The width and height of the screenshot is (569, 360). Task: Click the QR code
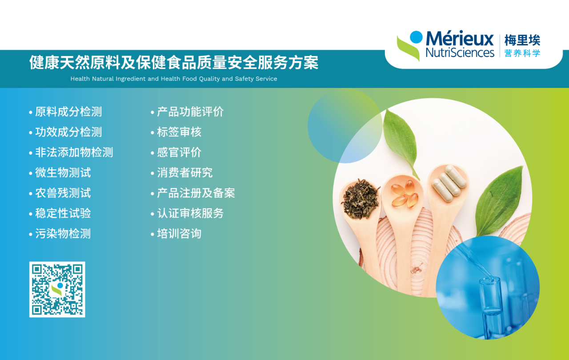(57, 289)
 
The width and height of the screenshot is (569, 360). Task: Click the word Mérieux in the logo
(460, 38)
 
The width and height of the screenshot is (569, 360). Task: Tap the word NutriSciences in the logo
(460, 52)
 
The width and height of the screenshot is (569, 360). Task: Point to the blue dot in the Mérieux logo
(416, 37)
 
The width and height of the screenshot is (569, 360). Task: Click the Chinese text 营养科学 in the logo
(522, 53)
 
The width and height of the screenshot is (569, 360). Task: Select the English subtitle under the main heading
(174, 79)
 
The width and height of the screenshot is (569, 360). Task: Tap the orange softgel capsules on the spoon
(405, 194)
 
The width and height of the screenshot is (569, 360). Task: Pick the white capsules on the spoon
(449, 183)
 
